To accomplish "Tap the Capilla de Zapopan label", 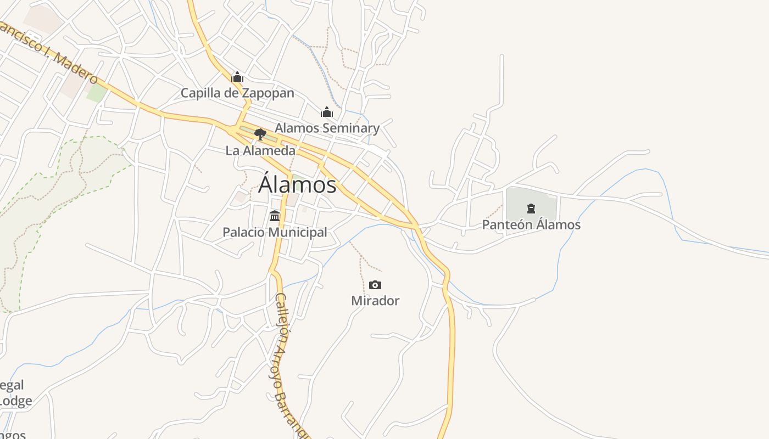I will [237, 93].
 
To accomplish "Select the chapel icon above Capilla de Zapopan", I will [237, 77].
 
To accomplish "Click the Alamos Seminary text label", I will [327, 128].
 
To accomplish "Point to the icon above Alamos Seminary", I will [327, 112].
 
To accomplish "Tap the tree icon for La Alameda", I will [260, 134].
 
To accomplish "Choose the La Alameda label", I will [260, 150].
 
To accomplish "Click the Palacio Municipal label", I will [275, 232].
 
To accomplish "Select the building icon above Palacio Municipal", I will [275, 216].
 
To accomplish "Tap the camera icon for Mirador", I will [375, 285].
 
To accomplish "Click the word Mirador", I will [375, 301].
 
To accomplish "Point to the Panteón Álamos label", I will [531, 224].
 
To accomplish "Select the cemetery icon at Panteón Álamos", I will [531, 209].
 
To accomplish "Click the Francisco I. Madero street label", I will [49, 52].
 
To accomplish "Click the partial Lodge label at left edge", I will [15, 401].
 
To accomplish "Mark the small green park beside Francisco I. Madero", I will [97, 93].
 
